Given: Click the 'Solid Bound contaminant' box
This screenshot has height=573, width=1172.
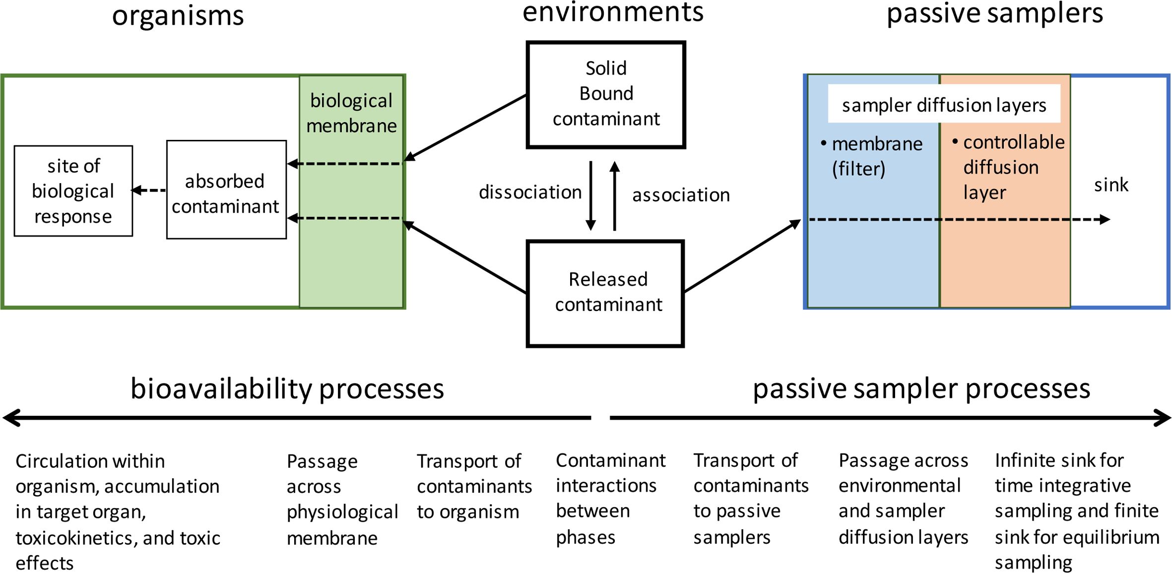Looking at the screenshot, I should tap(606, 94).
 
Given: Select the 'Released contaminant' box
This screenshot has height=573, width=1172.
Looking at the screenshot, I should tap(606, 293).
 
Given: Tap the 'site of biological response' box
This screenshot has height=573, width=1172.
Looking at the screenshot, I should tap(73, 191).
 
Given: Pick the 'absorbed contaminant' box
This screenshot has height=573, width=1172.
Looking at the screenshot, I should tap(226, 193).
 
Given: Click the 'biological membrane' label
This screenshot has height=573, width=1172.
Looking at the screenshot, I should tap(351, 113).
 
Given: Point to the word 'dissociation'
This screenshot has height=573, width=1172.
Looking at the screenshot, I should tap(529, 192).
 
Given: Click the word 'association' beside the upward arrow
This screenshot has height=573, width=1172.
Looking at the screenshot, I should tap(681, 195).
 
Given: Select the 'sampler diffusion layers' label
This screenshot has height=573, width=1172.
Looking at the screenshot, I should tap(944, 105).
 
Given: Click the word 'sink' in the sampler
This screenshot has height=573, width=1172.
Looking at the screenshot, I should tap(1111, 185).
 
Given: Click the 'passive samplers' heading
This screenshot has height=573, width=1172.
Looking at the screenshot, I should tap(994, 14).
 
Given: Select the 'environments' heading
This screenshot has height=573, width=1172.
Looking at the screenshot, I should tap(613, 12).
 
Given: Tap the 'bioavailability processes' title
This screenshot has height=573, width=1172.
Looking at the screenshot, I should tap(287, 388).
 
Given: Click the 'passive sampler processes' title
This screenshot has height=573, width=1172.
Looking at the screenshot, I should tap(921, 388).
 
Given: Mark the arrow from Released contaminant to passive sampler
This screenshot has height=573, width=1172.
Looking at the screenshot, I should tap(742, 255).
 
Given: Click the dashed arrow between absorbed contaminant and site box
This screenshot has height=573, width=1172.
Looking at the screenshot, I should tap(149, 190).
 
